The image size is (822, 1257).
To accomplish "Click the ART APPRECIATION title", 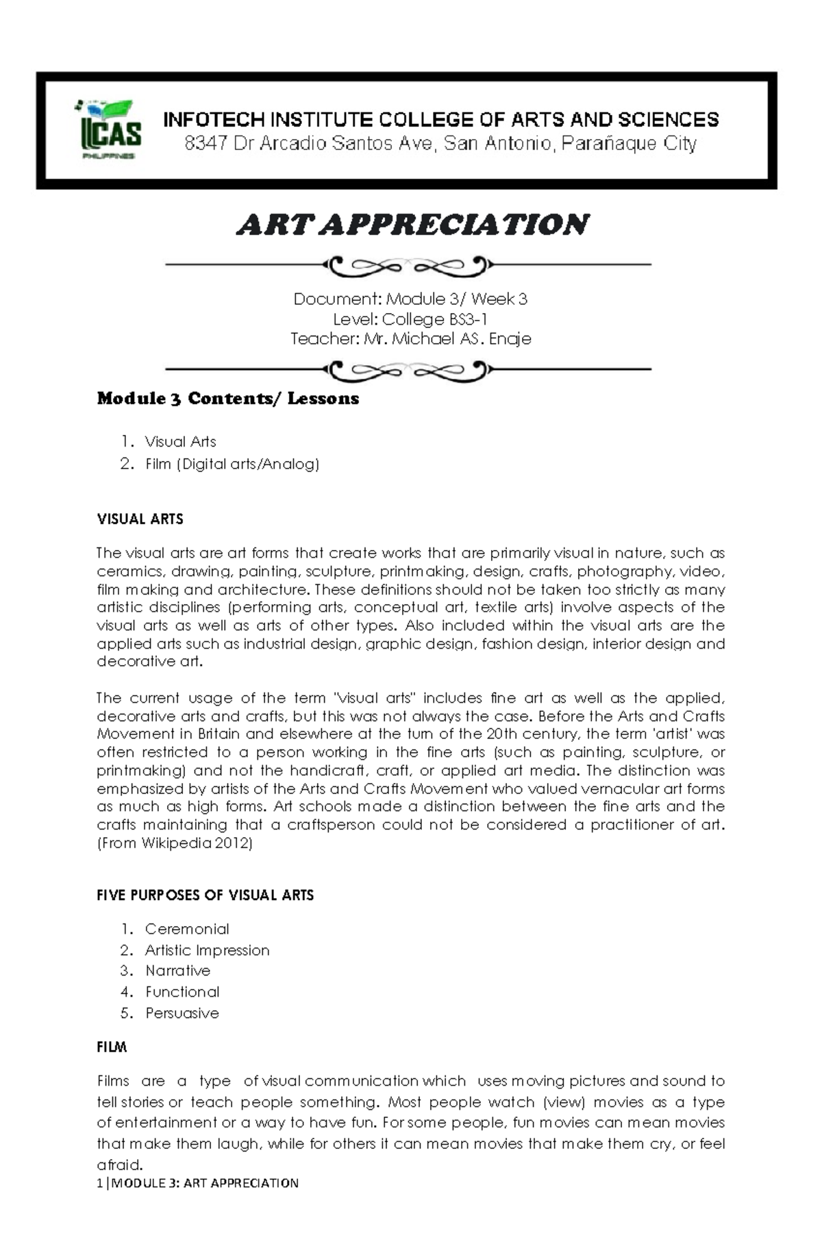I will tap(412, 225).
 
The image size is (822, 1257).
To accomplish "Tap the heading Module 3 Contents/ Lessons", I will tap(227, 399).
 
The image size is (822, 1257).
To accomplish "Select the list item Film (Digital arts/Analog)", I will tap(232, 464).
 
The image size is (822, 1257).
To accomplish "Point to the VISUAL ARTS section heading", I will tap(140, 519).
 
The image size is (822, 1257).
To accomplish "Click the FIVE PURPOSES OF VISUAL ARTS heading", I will tap(206, 895).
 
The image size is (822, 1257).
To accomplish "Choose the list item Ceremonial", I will tap(187, 930).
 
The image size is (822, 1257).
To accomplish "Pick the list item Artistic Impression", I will tap(207, 951).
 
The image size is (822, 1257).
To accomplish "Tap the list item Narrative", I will tap(177, 971).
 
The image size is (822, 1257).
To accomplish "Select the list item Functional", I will tap(182, 993).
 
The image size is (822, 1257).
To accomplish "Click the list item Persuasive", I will tap(182, 1014).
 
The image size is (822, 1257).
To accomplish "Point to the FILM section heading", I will tap(112, 1047).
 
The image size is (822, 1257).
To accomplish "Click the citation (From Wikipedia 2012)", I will tap(175, 844).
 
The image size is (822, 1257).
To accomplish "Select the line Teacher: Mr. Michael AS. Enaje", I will tap(411, 339).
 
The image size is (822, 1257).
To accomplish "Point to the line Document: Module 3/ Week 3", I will tap(411, 299).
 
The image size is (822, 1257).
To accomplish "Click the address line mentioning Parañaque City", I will tap(440, 144).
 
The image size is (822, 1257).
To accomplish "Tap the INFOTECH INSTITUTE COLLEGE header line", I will tap(440, 120).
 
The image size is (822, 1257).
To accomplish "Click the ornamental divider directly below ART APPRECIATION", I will tap(409, 265).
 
